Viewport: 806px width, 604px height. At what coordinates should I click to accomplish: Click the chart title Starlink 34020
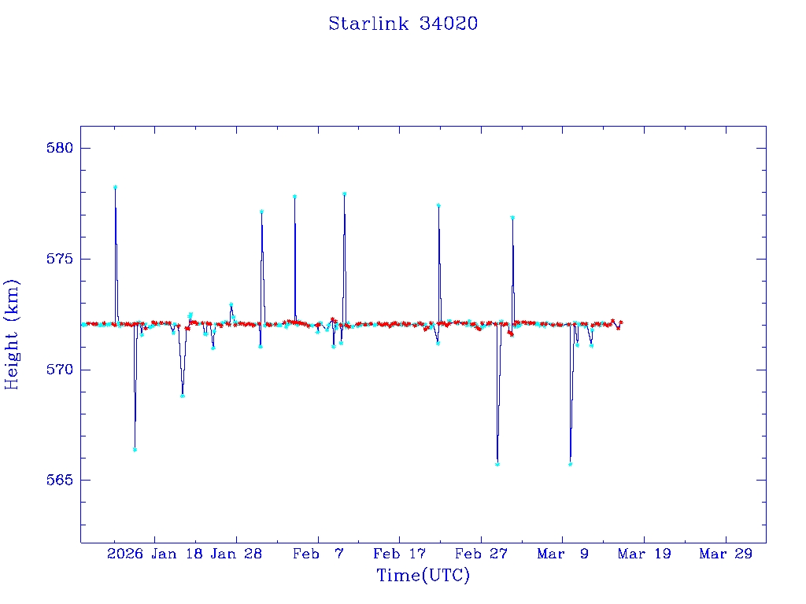[403, 24]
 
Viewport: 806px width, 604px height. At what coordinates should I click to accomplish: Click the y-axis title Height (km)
[13, 333]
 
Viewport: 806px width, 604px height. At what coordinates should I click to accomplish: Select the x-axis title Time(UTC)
[423, 576]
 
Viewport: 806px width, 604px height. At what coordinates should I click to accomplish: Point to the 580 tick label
[60, 149]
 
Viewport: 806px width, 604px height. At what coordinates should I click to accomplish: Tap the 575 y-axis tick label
[60, 259]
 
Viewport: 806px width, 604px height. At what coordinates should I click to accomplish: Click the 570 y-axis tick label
[60, 370]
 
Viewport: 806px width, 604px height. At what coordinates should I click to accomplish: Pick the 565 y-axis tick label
[60, 480]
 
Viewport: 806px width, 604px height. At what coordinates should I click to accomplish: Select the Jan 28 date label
[236, 554]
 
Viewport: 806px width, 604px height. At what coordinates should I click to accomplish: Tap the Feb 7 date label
[318, 554]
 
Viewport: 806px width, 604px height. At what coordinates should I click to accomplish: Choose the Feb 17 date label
[399, 554]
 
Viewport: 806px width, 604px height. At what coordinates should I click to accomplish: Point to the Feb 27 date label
[481, 554]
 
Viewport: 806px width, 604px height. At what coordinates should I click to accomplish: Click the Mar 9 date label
[563, 554]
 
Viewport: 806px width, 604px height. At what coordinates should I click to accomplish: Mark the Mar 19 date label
[644, 554]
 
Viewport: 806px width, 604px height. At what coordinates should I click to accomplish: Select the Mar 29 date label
[726, 554]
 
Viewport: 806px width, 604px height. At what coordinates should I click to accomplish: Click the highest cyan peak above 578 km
[115, 187]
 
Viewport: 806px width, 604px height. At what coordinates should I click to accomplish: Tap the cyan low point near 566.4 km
[135, 450]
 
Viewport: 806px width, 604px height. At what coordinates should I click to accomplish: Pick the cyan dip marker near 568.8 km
[182, 396]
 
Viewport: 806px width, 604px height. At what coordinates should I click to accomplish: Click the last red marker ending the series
[621, 322]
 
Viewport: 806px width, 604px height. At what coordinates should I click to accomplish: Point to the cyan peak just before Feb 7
[294, 197]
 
